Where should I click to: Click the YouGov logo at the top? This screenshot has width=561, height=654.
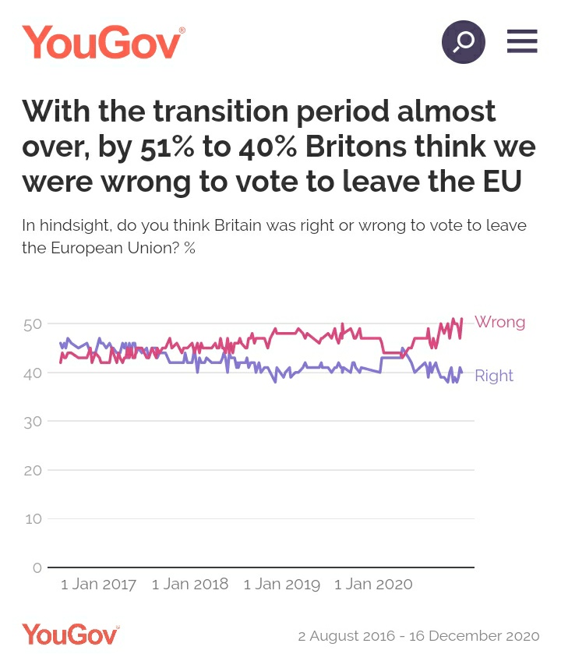pos(103,42)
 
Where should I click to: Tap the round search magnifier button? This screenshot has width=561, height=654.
pos(464,41)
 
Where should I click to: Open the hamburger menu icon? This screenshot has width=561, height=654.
pos(522,41)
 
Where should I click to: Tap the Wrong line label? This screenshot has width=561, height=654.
pos(499,322)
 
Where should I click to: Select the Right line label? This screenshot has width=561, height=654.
pos(494,376)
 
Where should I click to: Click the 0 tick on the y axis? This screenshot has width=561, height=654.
pos(36,567)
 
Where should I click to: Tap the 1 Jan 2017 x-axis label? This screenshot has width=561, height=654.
pos(98,585)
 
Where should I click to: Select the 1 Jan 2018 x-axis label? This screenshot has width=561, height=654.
pos(190,585)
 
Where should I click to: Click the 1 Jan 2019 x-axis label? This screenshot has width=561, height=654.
pos(282,585)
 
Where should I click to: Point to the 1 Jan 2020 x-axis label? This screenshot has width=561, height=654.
pos(373,585)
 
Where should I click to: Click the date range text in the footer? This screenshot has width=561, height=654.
pos(418,635)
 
